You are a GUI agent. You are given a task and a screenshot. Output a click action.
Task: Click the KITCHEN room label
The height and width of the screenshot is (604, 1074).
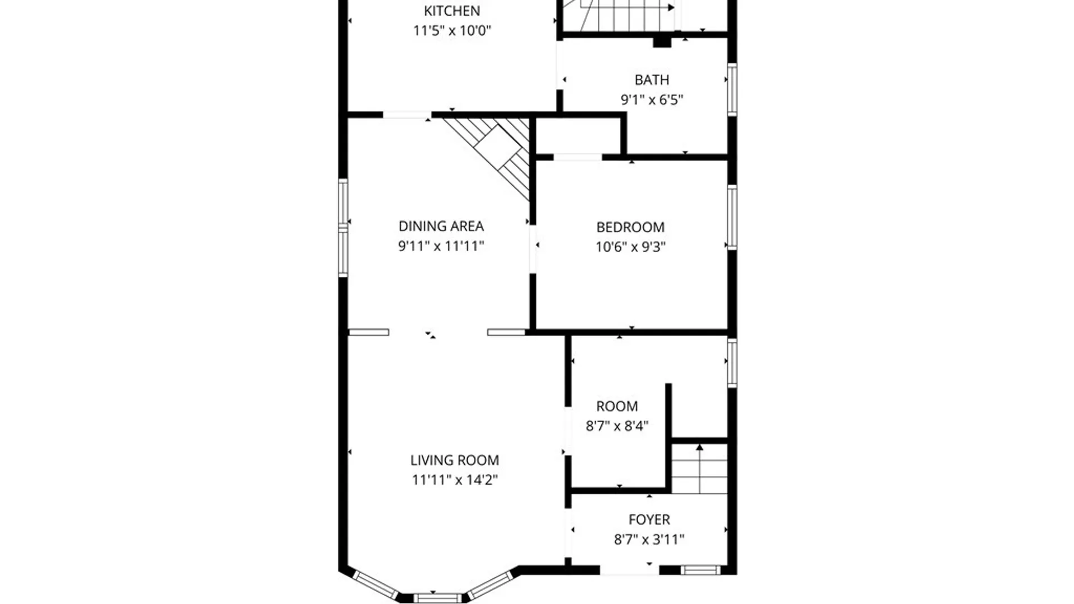(451, 11)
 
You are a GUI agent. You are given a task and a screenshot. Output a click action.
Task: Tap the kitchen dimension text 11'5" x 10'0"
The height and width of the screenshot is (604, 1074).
(451, 30)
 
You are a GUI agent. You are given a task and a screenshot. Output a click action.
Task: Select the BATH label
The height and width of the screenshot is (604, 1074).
(651, 80)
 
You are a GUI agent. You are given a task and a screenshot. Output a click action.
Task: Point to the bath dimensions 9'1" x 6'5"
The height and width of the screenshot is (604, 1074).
(651, 100)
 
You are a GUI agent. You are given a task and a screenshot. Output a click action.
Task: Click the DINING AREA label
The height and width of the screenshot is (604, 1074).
(441, 226)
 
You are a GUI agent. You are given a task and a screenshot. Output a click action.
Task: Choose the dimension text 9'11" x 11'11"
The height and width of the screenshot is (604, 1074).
(441, 246)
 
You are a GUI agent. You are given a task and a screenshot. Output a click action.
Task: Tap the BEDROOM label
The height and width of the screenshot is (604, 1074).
(630, 227)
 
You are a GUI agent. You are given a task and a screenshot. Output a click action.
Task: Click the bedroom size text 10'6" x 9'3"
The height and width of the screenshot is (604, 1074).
(630, 247)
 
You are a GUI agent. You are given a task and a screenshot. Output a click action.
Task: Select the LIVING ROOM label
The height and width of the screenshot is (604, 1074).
(454, 460)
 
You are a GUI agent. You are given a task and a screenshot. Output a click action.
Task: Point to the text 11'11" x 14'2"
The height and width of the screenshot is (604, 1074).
(454, 480)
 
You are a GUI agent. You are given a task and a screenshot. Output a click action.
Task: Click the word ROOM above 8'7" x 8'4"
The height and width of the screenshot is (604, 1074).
(616, 406)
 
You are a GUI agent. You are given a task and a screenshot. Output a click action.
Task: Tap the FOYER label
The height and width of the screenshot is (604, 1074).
(649, 520)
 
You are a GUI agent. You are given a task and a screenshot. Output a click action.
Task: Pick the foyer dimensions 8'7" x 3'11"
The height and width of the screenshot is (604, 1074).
(649, 540)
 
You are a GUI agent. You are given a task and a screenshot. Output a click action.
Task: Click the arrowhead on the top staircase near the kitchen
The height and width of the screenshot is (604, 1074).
(670, 7)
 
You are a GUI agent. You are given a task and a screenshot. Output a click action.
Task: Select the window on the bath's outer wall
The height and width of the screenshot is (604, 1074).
(732, 89)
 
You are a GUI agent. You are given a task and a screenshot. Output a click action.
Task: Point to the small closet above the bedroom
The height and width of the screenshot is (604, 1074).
(578, 135)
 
